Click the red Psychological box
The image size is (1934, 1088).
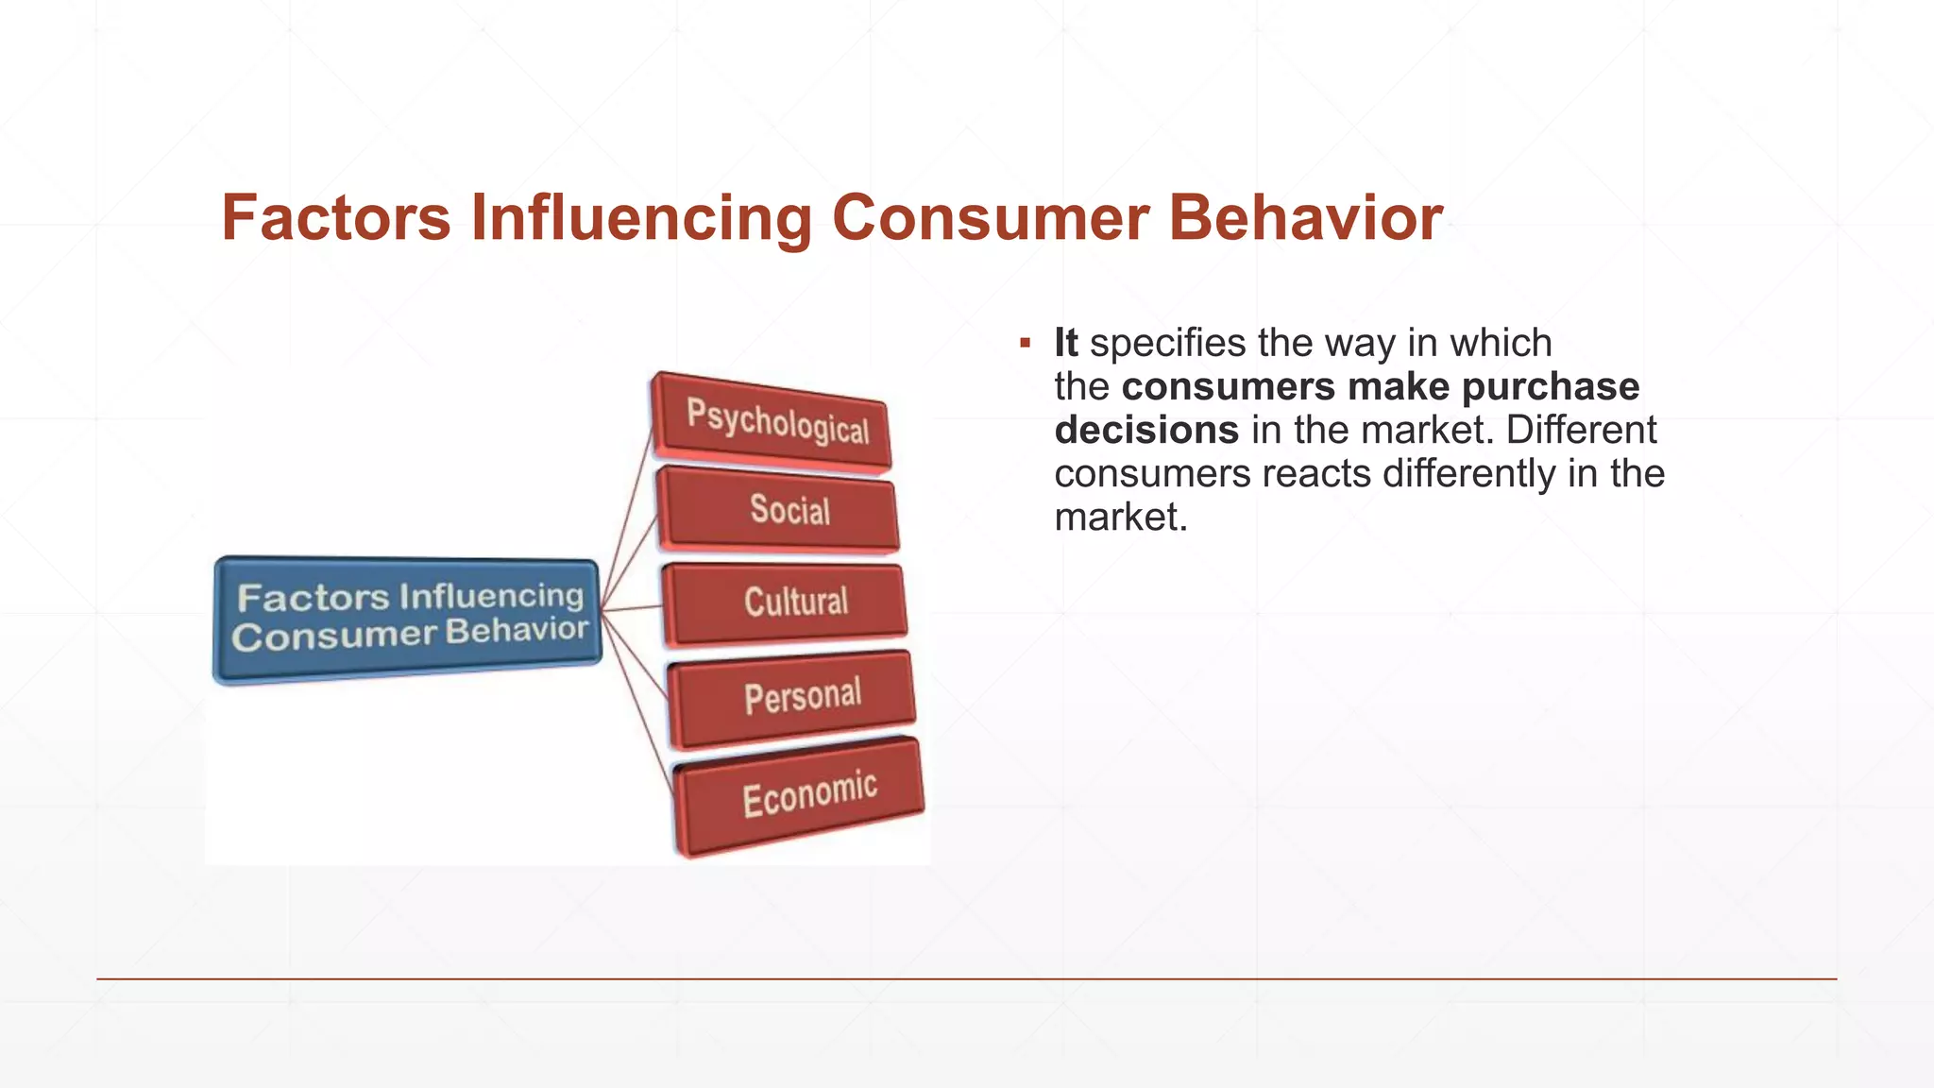772,423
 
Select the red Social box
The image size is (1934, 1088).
780,510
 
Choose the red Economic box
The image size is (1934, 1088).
801,795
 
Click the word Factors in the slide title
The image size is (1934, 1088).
336,218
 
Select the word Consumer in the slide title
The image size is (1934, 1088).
990,218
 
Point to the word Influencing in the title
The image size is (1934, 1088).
641,218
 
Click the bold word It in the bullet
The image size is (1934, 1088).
1065,343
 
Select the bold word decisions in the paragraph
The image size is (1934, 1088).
1145,431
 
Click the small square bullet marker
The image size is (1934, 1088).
1025,343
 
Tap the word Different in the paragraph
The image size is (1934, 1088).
1581,431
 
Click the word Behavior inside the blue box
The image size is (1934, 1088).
517,631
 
